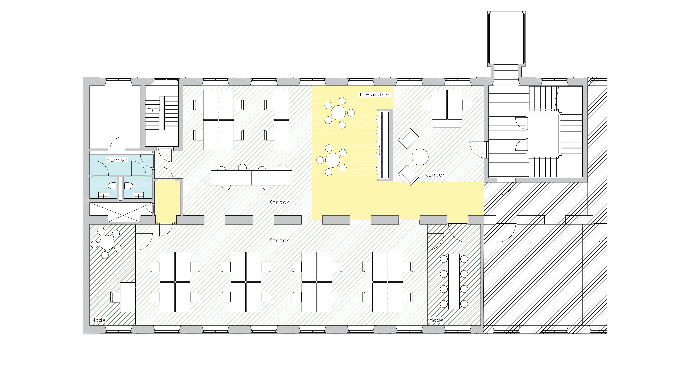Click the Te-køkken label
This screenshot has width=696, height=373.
375,94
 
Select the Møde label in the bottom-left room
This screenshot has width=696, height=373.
98,320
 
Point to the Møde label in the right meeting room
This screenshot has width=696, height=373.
436,320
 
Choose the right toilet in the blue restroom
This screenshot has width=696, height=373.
128,186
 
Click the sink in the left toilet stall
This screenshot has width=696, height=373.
104,195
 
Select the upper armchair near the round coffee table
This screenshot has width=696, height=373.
408,138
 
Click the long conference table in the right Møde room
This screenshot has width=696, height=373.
454,281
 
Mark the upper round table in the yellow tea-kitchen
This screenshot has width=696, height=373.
338,113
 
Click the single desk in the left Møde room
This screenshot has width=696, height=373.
128,297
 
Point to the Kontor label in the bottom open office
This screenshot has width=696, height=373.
279,240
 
